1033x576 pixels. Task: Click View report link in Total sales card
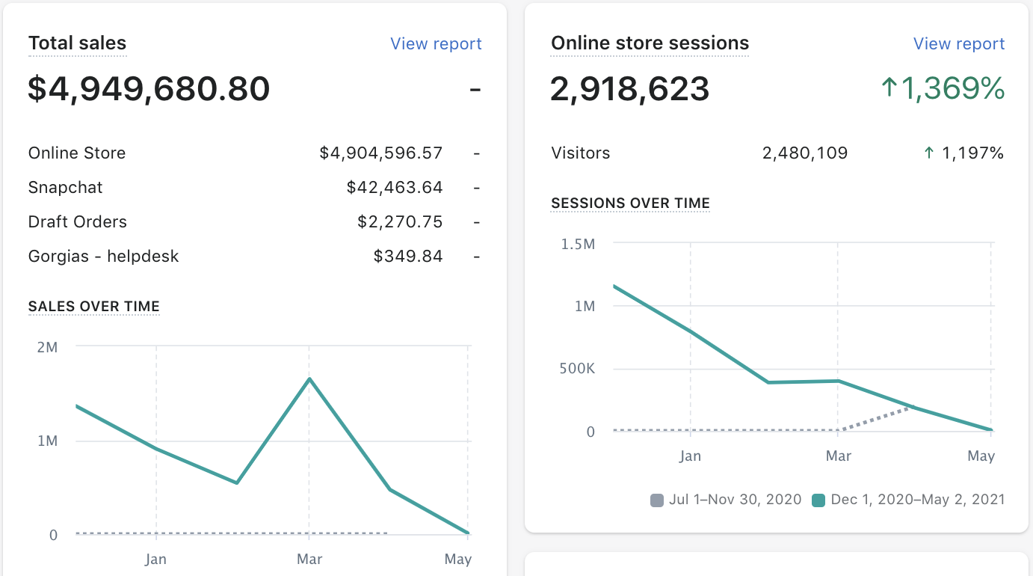point(436,44)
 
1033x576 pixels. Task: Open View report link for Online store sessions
point(959,44)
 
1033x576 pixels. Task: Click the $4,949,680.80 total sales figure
point(149,89)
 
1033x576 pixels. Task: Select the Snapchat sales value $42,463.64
point(395,187)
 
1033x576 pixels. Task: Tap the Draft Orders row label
point(78,221)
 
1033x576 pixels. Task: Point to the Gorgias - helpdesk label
point(104,256)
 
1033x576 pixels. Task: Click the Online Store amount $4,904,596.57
point(381,153)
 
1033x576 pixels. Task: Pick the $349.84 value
point(408,256)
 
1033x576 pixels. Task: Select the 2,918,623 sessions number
point(630,89)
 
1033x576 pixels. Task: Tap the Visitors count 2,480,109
point(805,153)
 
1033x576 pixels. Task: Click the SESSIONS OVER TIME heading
point(630,203)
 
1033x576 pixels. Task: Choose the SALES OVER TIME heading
point(94,306)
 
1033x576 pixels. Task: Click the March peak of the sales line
point(309,379)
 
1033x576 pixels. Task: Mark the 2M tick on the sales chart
point(47,347)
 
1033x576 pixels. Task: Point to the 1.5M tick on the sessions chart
point(578,244)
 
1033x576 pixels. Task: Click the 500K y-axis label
point(577,369)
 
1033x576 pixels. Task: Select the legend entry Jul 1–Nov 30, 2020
point(735,499)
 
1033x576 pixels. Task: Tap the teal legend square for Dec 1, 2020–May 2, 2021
point(818,500)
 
